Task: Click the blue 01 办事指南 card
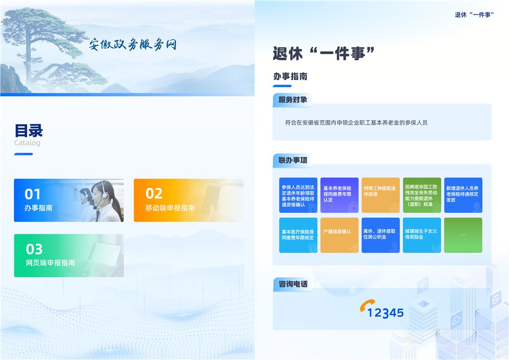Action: pyautogui.click(x=69, y=201)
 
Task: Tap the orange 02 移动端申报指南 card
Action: pyautogui.click(x=188, y=201)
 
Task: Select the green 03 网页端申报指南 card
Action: pyautogui.click(x=69, y=256)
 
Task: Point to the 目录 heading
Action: pyautogui.click(x=29, y=130)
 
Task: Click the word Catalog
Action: pyautogui.click(x=27, y=143)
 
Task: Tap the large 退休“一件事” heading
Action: pyautogui.click(x=324, y=53)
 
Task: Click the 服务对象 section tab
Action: pyautogui.click(x=292, y=100)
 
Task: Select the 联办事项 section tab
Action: pyautogui.click(x=292, y=160)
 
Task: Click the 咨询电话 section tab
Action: pyautogui.click(x=292, y=284)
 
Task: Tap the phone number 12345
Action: pyautogui.click(x=385, y=313)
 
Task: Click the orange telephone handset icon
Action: pyautogui.click(x=367, y=305)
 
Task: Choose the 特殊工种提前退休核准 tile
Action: pyautogui.click(x=380, y=195)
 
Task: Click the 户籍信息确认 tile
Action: pyautogui.click(x=339, y=235)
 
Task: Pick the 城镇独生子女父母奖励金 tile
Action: pyautogui.click(x=422, y=235)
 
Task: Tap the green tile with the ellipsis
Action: pyautogui.click(x=463, y=235)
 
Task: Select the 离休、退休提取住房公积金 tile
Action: pyautogui.click(x=380, y=235)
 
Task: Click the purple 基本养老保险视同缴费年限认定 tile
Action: pyautogui.click(x=339, y=195)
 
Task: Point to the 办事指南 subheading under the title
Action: pyautogui.click(x=290, y=76)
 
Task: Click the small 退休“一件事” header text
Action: pyautogui.click(x=474, y=15)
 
